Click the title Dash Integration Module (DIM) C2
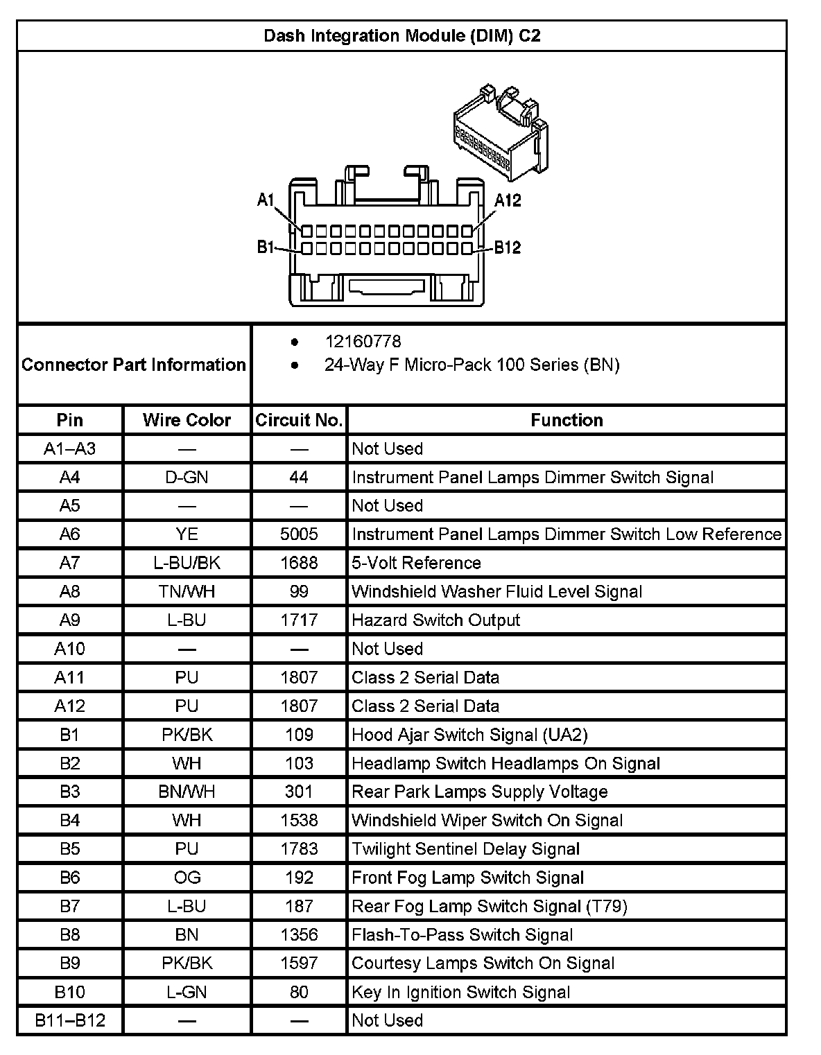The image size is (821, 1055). coord(401,35)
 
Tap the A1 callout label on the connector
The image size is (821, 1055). coord(266,200)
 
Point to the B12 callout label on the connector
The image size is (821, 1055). coord(507,247)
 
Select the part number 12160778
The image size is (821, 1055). coord(363,341)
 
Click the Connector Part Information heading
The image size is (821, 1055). coord(134,365)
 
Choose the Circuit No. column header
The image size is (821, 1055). coord(299,420)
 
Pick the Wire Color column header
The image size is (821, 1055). coord(187,420)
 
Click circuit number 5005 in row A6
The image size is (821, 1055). coord(299,534)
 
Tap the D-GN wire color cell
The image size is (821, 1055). coord(187,477)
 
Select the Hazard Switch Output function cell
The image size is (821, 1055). coord(435,620)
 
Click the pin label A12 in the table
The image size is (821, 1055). coord(69,706)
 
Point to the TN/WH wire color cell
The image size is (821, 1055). coord(187,591)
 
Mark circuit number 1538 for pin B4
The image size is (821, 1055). coord(299,820)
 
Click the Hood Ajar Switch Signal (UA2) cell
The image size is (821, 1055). coord(469,734)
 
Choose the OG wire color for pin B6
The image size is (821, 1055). coord(187,878)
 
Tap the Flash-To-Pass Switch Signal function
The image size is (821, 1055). coord(462,934)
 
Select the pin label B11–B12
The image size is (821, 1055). coord(69,1020)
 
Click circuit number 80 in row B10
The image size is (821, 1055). coord(299,992)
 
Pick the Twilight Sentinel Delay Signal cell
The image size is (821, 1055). coord(465,849)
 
